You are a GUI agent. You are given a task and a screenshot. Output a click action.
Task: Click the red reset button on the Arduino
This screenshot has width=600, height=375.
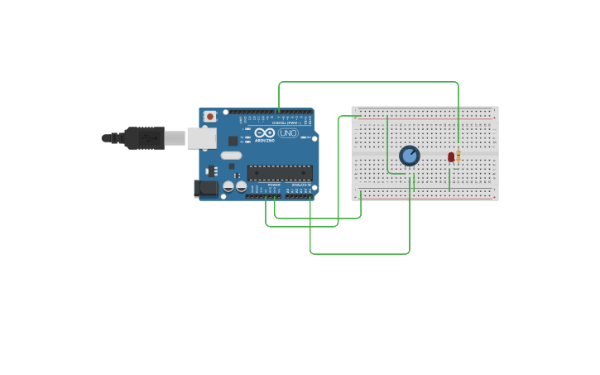(x=210, y=117)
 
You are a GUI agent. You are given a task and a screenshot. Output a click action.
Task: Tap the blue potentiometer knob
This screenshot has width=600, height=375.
(x=410, y=156)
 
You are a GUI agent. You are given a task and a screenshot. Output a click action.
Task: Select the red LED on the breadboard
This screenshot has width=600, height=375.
(x=451, y=156)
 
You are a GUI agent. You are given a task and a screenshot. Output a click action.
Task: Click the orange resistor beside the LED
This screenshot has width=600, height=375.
(x=458, y=156)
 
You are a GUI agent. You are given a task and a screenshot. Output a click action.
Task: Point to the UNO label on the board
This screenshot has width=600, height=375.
(x=288, y=132)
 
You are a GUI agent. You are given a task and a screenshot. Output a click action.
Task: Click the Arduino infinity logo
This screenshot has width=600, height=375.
(x=265, y=132)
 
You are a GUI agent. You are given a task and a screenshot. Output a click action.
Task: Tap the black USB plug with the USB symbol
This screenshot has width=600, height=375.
(x=145, y=138)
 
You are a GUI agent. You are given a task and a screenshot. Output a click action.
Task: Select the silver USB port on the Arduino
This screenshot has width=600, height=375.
(x=201, y=137)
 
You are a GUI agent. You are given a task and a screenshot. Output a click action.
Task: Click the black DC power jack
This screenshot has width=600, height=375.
(x=206, y=189)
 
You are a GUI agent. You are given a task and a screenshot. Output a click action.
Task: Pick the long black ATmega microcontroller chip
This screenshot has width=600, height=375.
(x=280, y=173)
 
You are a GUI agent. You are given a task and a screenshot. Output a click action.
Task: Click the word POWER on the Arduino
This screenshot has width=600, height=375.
(x=273, y=185)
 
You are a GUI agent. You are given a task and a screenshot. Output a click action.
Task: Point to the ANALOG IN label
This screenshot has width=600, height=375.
(x=299, y=185)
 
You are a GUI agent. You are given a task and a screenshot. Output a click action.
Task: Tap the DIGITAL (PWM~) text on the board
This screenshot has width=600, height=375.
(x=286, y=123)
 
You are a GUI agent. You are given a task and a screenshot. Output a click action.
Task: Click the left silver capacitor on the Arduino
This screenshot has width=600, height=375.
(x=228, y=186)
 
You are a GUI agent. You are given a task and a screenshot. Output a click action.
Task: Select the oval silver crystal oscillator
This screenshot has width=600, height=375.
(x=232, y=156)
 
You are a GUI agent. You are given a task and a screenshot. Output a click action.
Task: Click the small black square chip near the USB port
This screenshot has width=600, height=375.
(x=233, y=141)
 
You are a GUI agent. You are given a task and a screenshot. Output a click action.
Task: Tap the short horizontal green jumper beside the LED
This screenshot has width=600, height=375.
(x=455, y=169)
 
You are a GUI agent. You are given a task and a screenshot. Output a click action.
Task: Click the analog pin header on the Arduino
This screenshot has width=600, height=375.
(x=299, y=196)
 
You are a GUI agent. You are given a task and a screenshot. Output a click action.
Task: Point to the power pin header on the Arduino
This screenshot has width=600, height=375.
(x=264, y=196)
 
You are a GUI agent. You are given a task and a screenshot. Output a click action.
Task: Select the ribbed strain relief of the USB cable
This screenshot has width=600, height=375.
(x=115, y=138)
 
